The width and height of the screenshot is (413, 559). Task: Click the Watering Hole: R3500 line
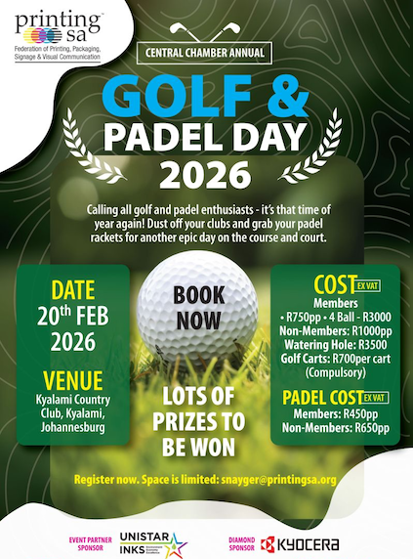coord(335,343)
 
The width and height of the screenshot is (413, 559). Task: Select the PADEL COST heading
coord(321,398)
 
